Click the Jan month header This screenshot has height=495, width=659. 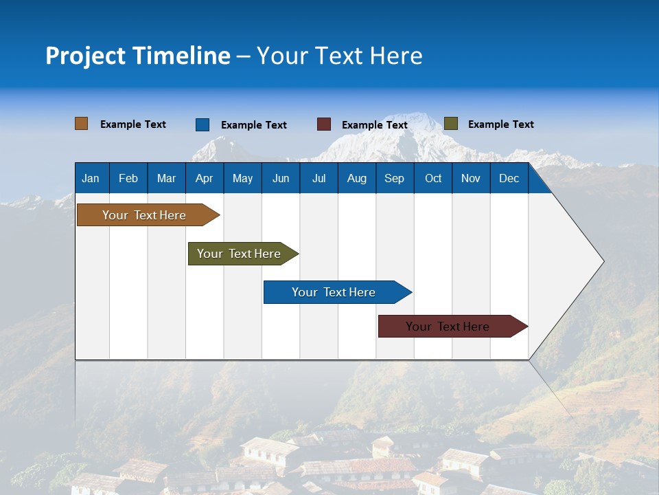tap(91, 178)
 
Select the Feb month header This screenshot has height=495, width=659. tap(128, 178)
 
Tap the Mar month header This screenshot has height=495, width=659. tap(166, 178)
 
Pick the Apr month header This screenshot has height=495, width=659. tap(204, 178)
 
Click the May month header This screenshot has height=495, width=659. tap(242, 178)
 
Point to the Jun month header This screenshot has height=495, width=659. tap(281, 178)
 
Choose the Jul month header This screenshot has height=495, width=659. tap(319, 178)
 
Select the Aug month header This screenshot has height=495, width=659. tap(356, 178)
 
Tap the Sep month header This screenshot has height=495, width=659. tap(394, 178)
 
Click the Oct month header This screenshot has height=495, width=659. tap(433, 178)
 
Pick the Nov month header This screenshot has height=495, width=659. tap(471, 178)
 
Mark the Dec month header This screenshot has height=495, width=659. tap(509, 178)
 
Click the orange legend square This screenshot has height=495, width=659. tap(82, 124)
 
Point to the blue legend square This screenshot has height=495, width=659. tap(203, 124)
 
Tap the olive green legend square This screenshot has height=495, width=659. tap(451, 124)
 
